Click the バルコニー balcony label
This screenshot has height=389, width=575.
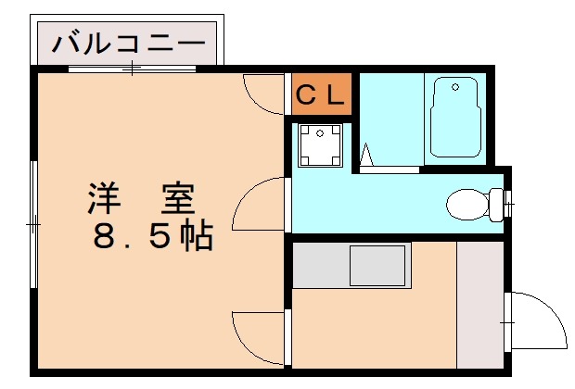tap(127, 43)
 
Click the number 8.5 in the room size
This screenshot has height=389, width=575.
tap(130, 237)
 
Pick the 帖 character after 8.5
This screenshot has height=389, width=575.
tap(196, 237)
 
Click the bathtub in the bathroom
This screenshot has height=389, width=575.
tap(454, 117)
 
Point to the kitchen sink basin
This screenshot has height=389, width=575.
tap(377, 267)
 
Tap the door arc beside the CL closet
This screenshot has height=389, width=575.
tap(262, 94)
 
